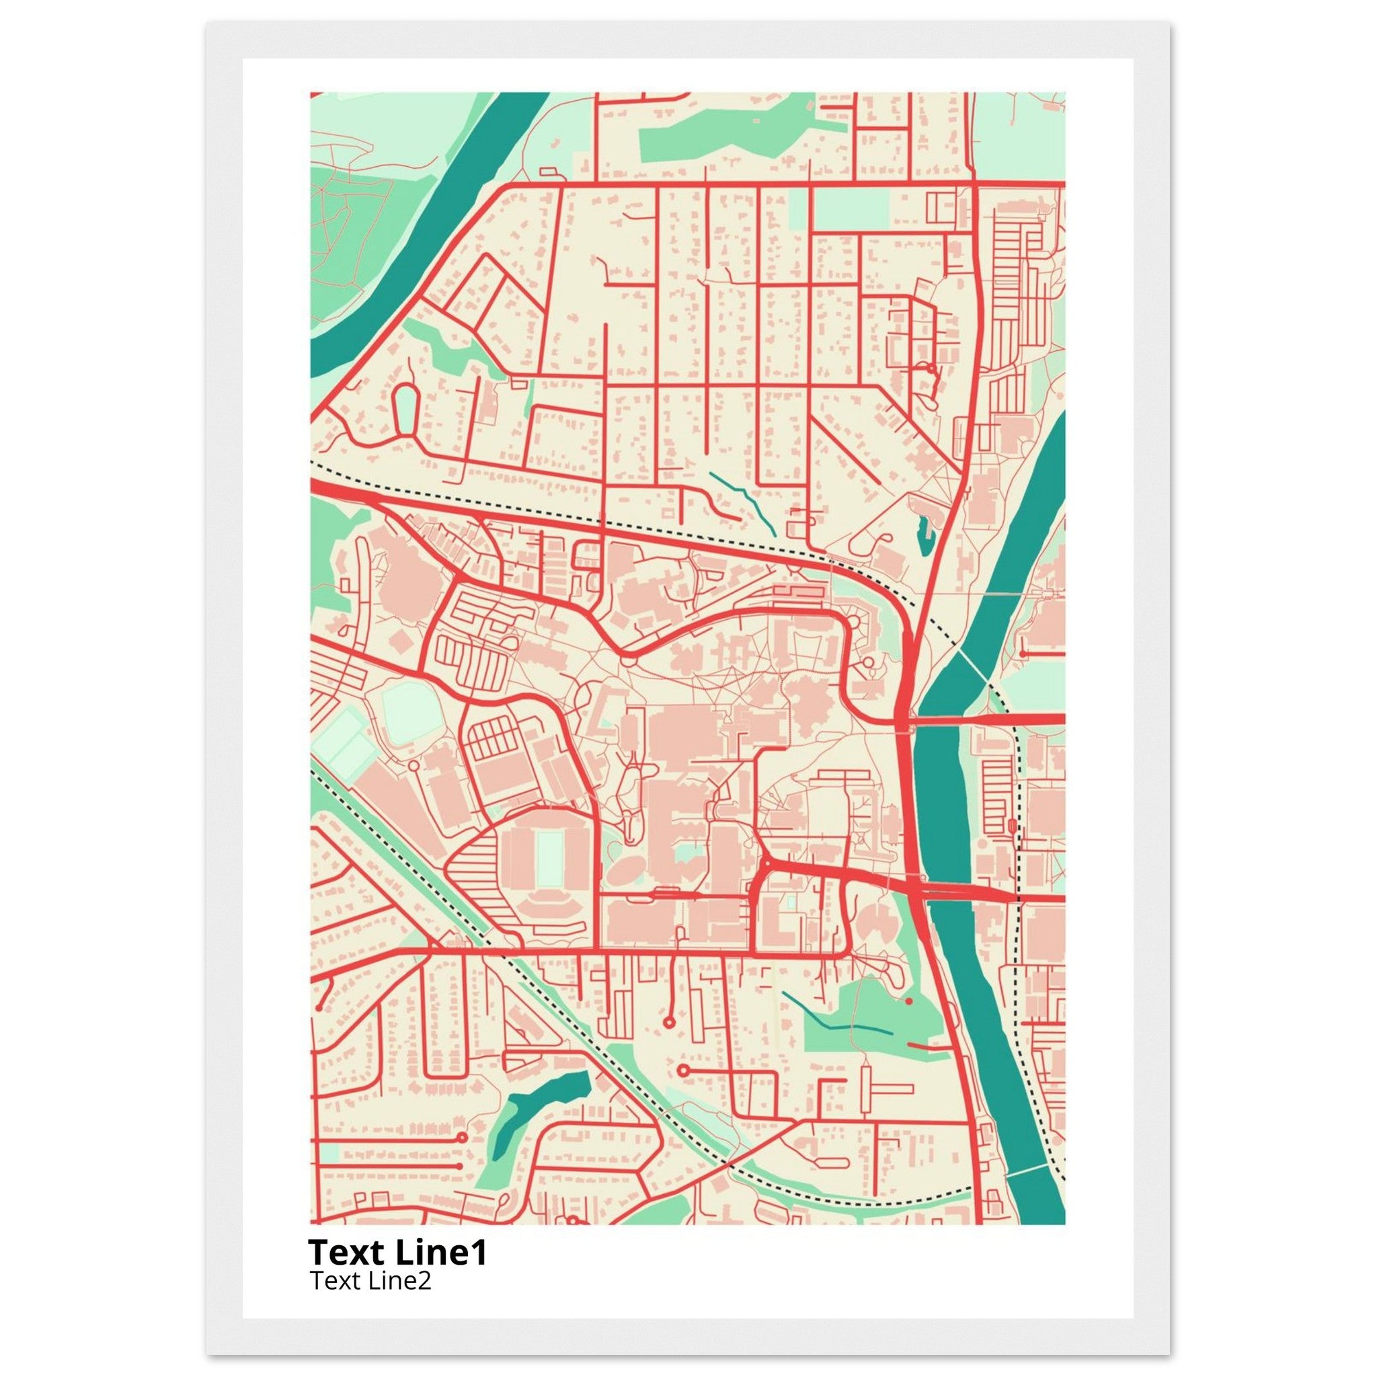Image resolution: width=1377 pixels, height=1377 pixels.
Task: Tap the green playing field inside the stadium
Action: tap(548, 855)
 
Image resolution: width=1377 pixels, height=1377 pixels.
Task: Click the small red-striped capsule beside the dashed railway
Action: tap(1013, 826)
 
